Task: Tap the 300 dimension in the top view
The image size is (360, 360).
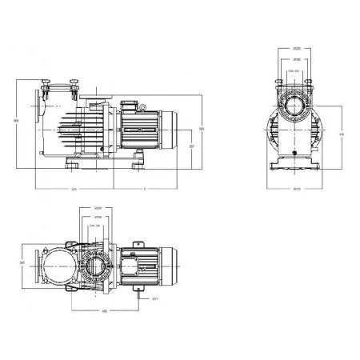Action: click(22, 262)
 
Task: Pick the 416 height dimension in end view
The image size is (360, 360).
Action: click(342, 134)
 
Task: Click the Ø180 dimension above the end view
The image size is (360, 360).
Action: click(296, 60)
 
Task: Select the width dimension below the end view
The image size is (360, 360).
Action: click(296, 189)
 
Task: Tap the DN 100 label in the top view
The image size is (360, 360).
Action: click(99, 226)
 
